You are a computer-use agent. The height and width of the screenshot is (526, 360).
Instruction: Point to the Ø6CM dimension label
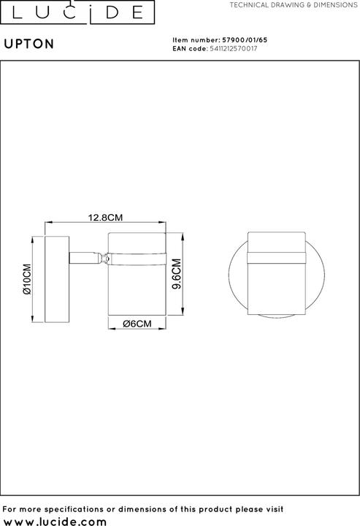(x=137, y=324)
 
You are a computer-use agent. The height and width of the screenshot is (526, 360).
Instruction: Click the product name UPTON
(x=29, y=44)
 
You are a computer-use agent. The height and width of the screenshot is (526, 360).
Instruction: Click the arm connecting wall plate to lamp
(x=85, y=258)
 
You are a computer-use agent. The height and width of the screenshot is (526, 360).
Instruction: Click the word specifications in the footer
(x=69, y=509)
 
